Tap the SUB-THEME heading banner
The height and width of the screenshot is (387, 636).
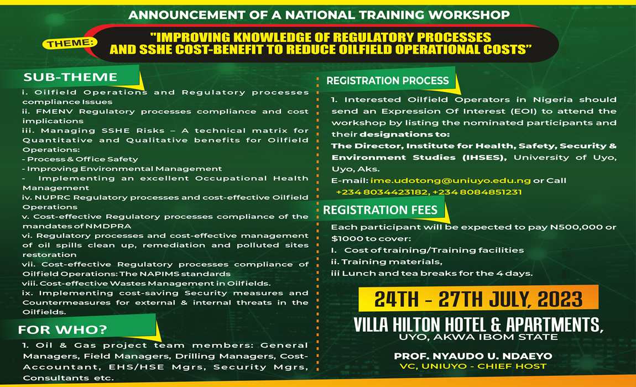pos(70,77)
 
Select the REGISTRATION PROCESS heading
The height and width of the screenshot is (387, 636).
pos(387,81)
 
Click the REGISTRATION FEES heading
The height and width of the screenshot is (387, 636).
pos(380,210)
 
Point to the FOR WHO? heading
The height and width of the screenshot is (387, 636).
pos(62,331)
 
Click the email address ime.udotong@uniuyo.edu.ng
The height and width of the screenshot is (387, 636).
pos(451,181)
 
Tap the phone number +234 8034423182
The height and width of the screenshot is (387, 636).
pos(382,192)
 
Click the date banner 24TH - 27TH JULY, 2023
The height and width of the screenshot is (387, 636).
pos(478,299)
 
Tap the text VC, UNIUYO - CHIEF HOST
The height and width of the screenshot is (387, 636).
pos(477,366)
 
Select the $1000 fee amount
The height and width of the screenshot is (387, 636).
pos(343,239)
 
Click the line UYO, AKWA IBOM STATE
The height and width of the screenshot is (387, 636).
pos(477,337)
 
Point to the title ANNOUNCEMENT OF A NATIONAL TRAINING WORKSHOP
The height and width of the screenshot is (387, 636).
pos(319,15)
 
